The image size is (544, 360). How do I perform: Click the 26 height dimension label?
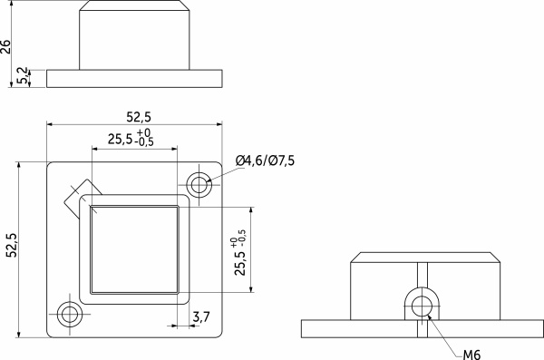click(7, 46)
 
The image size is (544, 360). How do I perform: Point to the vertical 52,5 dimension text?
click(12, 247)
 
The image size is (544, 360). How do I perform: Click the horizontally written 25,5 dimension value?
click(119, 140)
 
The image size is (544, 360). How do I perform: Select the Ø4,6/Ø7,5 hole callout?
click(265, 161)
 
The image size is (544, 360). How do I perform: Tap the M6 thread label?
click(471, 354)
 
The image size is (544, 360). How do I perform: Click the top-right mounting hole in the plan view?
click(199, 185)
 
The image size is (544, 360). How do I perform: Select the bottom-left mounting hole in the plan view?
click(69, 315)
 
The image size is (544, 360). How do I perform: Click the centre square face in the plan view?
click(134, 249)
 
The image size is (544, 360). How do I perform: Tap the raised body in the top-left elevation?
click(135, 35)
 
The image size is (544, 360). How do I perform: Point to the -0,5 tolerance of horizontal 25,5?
click(144, 142)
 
